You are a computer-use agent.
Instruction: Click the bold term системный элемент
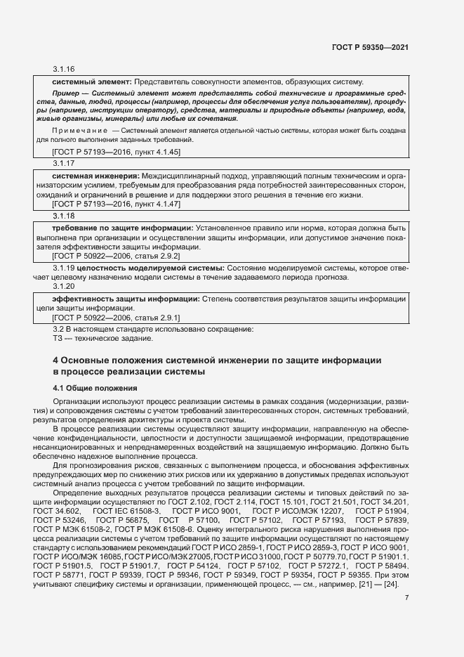[x=91, y=82]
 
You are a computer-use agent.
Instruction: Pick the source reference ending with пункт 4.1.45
[x=107, y=151]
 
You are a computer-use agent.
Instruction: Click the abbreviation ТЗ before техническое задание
[x=58, y=339]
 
